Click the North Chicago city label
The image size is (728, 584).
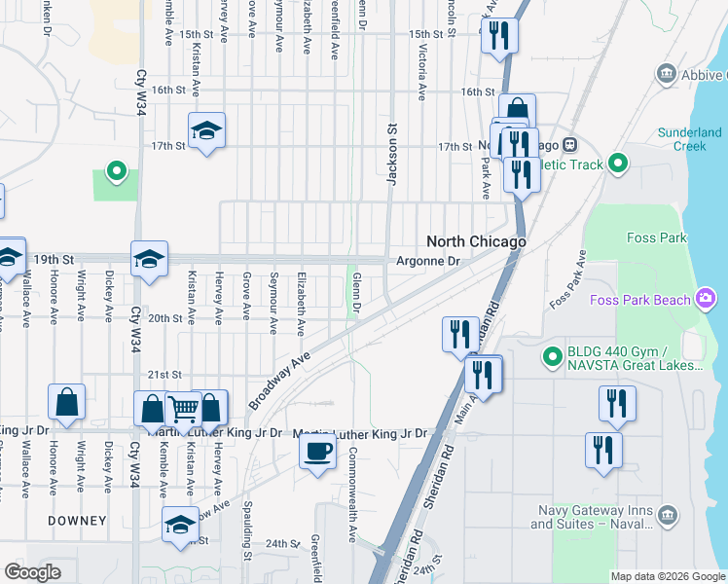point(476,241)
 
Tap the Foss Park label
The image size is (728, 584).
point(657,237)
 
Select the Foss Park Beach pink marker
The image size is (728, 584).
point(707,299)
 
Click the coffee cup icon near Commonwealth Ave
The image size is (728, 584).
point(318,452)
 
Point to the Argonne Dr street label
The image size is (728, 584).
point(427,261)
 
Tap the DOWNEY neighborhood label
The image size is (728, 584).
point(78,521)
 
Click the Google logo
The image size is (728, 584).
point(32,572)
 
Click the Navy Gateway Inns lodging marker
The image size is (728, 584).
point(667,513)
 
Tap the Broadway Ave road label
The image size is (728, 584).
point(278,380)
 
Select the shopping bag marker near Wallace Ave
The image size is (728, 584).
point(66,401)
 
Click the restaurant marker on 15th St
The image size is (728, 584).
point(499,36)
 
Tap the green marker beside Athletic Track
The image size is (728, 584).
point(617,164)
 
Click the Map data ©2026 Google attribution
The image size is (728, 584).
point(667,576)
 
